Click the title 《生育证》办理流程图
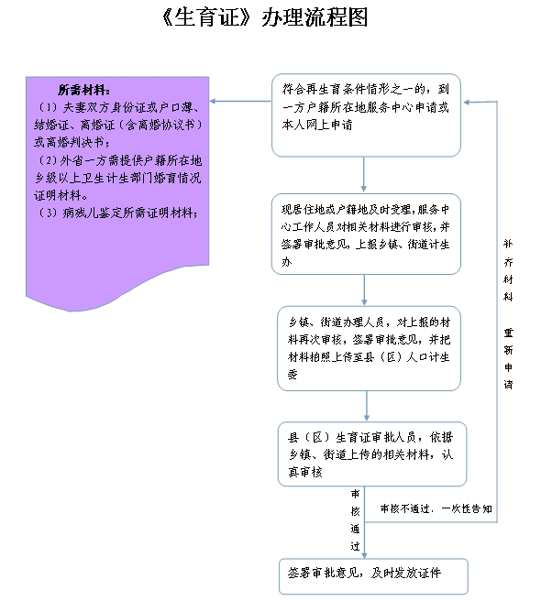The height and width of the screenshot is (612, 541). pyautogui.click(x=264, y=17)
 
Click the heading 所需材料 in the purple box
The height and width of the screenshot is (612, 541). pyautogui.click(x=83, y=90)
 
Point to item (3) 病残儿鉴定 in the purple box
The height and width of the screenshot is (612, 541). pyautogui.click(x=116, y=213)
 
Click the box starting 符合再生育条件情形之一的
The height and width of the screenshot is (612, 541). pyautogui.click(x=366, y=115)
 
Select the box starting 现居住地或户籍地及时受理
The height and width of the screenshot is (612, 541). pyautogui.click(x=366, y=235)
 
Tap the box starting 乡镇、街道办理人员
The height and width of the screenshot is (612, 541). pyautogui.click(x=369, y=348)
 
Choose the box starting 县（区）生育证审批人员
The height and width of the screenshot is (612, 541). pyautogui.click(x=372, y=454)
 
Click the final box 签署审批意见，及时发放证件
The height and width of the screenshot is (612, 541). pyautogui.click(x=373, y=576)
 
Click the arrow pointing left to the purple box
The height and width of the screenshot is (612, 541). pyautogui.click(x=240, y=102)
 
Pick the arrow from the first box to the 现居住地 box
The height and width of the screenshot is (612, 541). pyautogui.click(x=364, y=174)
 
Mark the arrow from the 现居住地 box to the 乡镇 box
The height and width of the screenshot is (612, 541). pyautogui.click(x=364, y=290)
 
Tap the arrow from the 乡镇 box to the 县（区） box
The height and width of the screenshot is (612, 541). pyautogui.click(x=367, y=406)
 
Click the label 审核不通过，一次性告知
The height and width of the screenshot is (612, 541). pyautogui.click(x=436, y=508)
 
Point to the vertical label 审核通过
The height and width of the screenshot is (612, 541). pyautogui.click(x=355, y=519)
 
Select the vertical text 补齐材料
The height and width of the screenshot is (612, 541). pyautogui.click(x=508, y=270)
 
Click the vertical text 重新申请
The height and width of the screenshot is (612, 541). pyautogui.click(x=508, y=358)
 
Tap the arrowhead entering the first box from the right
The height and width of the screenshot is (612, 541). pyautogui.click(x=466, y=103)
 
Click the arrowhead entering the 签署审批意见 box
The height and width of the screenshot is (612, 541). pyautogui.click(x=364, y=555)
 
